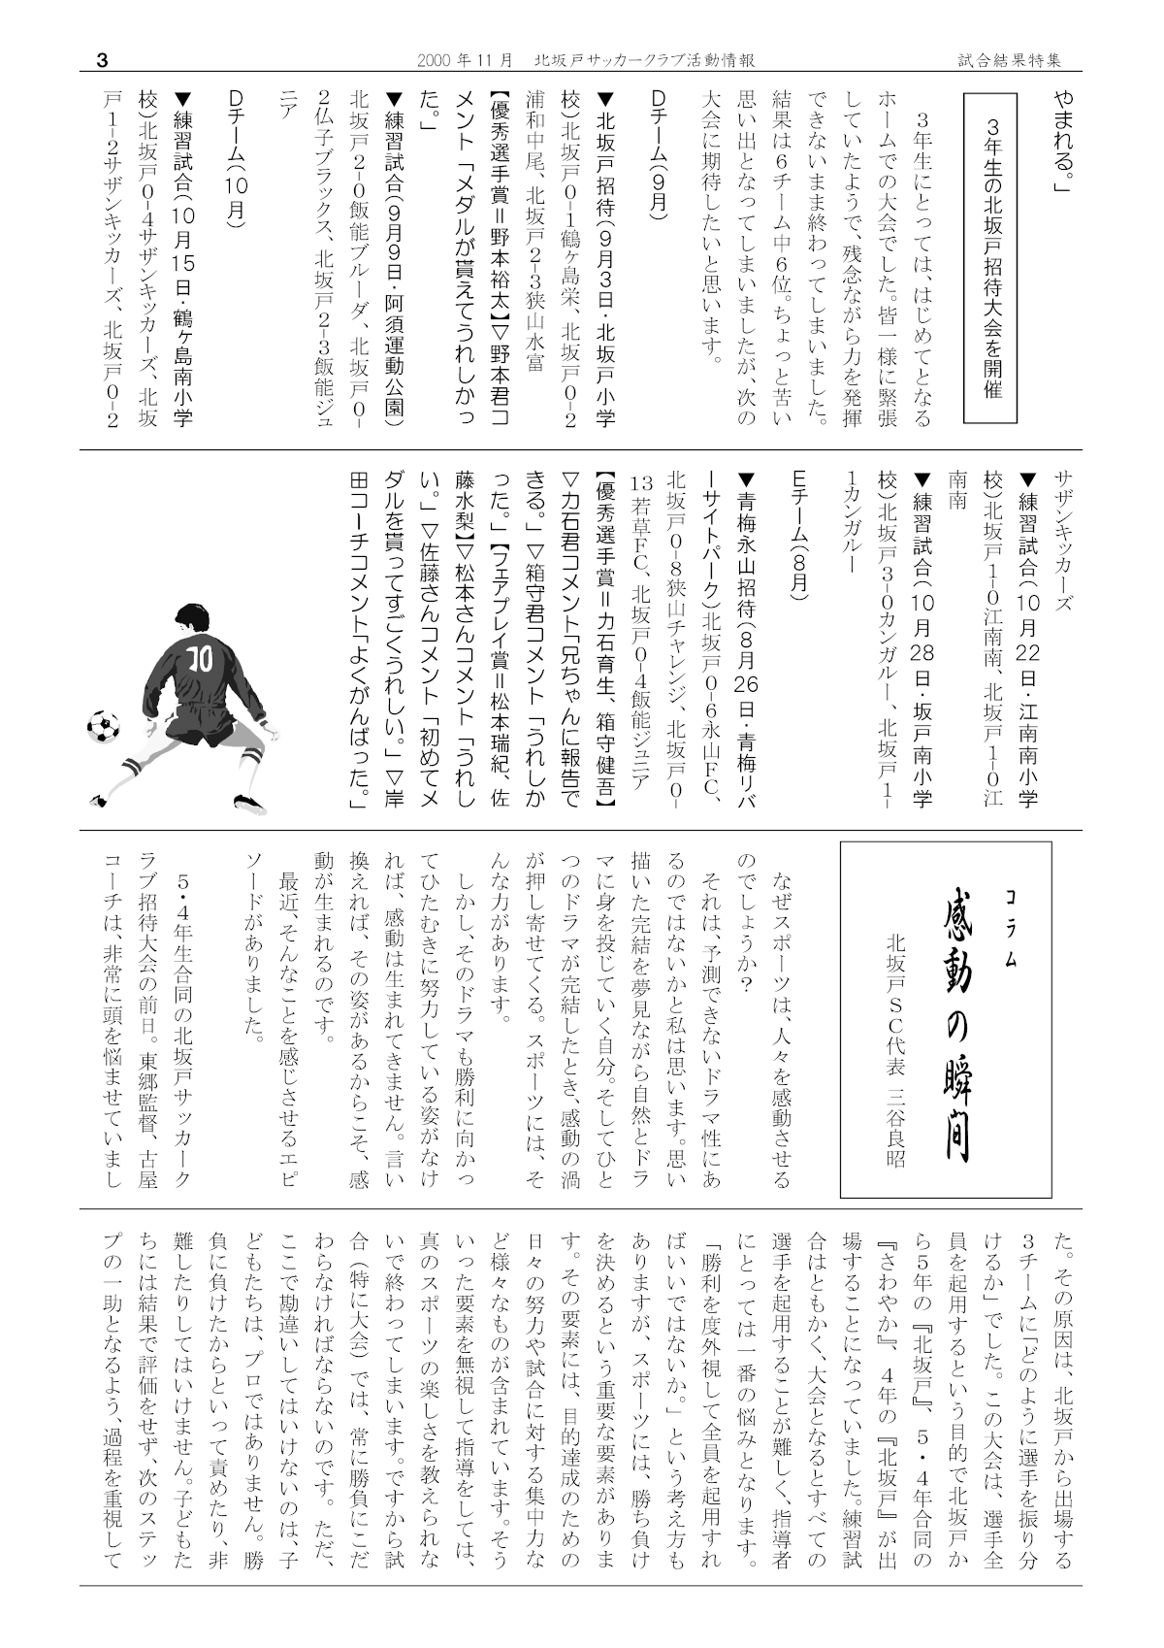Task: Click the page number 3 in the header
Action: click(102, 60)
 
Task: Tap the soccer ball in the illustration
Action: click(104, 723)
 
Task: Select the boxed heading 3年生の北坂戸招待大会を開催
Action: click(990, 258)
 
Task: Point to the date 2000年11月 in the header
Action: click(465, 60)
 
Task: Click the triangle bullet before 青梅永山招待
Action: click(746, 478)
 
